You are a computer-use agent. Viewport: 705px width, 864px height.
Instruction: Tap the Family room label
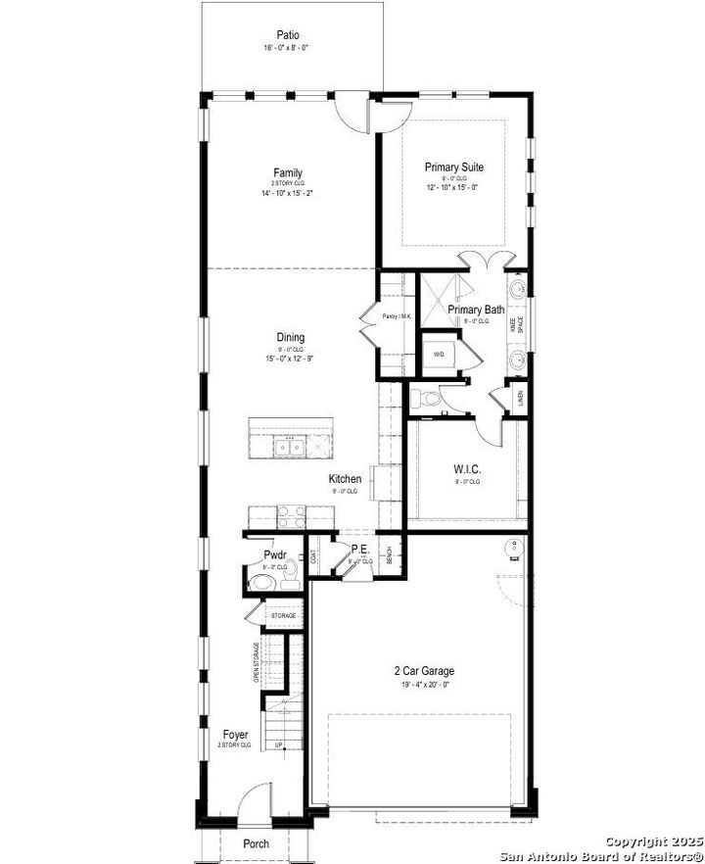tap(287, 173)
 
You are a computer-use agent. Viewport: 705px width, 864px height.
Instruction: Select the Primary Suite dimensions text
tap(452, 187)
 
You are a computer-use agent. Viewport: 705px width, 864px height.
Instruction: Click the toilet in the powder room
tap(260, 584)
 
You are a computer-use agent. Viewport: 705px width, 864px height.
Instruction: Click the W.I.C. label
tap(466, 468)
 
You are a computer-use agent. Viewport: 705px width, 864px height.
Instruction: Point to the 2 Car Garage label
tap(424, 671)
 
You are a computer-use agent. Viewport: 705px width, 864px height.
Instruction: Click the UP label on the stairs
tap(278, 745)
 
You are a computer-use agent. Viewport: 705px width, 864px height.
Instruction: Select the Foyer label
tap(235, 734)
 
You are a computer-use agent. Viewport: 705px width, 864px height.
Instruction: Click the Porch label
tap(256, 843)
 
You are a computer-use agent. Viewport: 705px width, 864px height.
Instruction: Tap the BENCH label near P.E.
tap(389, 554)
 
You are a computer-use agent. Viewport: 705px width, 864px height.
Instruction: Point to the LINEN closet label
tap(520, 399)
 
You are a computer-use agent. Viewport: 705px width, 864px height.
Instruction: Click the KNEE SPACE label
tap(520, 323)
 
